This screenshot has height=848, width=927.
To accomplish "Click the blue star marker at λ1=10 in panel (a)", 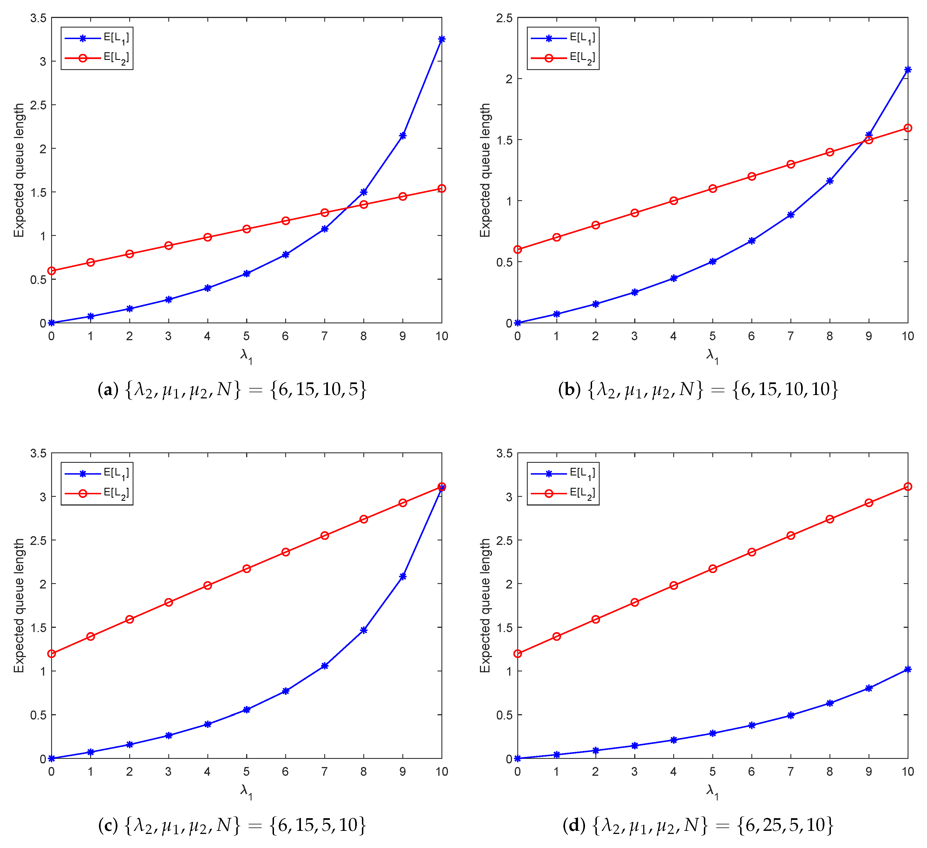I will (x=441, y=39).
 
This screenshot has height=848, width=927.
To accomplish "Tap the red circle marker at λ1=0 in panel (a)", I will (x=51, y=270).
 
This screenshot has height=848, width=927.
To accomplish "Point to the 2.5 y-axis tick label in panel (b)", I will (x=504, y=18).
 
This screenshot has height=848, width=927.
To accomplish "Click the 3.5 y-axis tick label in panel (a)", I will (x=38, y=18).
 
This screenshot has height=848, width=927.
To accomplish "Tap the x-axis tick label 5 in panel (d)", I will (x=712, y=772).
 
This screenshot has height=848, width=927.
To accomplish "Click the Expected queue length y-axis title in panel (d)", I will (x=485, y=606).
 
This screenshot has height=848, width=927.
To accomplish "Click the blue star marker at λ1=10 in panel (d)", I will (x=907, y=669).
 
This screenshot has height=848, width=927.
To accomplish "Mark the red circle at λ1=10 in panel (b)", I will (x=907, y=128).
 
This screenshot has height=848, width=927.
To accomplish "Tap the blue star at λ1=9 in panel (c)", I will (x=403, y=576).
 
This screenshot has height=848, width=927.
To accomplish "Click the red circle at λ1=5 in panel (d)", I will (x=712, y=569).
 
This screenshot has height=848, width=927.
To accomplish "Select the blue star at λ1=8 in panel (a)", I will (x=364, y=192).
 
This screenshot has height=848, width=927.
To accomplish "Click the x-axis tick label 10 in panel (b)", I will (x=907, y=336).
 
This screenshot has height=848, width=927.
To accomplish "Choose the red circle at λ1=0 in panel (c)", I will (x=51, y=653).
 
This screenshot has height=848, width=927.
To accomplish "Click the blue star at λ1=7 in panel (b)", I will (x=790, y=215).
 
